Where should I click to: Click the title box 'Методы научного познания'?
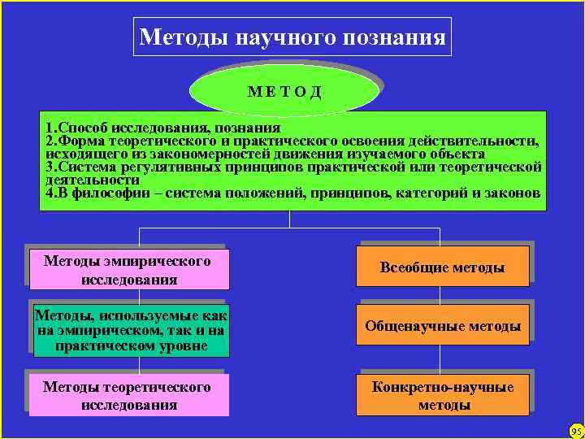(x=292, y=37)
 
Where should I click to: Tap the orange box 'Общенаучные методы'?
(x=442, y=326)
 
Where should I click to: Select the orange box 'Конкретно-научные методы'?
(x=442, y=395)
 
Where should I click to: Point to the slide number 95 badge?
(x=576, y=430)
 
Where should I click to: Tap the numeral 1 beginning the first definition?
(x=50, y=128)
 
